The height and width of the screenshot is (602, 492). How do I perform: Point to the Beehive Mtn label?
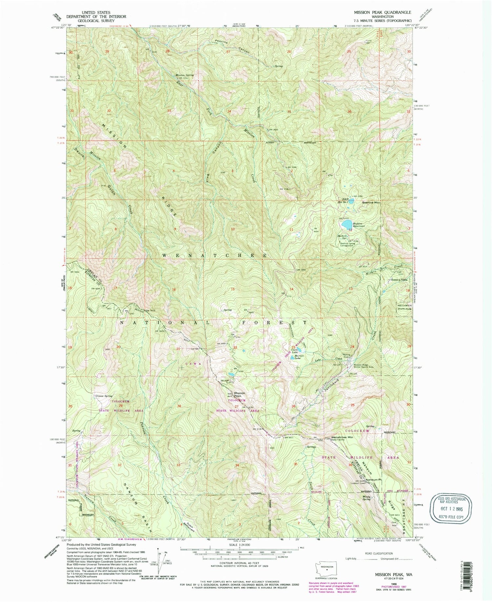coord(371,203)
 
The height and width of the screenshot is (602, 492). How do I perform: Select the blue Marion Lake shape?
coord(292,358)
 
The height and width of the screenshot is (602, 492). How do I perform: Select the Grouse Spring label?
coord(104,396)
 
